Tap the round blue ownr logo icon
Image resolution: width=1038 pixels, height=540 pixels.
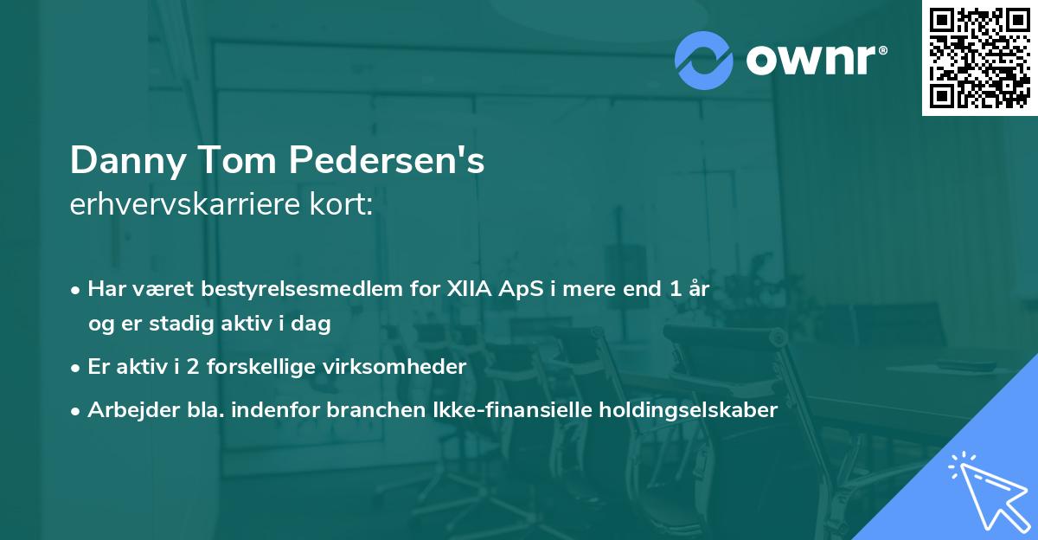[x=704, y=59]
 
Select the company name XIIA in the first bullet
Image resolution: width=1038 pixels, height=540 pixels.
[x=466, y=289]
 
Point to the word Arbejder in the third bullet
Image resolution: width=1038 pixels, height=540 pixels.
[x=124, y=409]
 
